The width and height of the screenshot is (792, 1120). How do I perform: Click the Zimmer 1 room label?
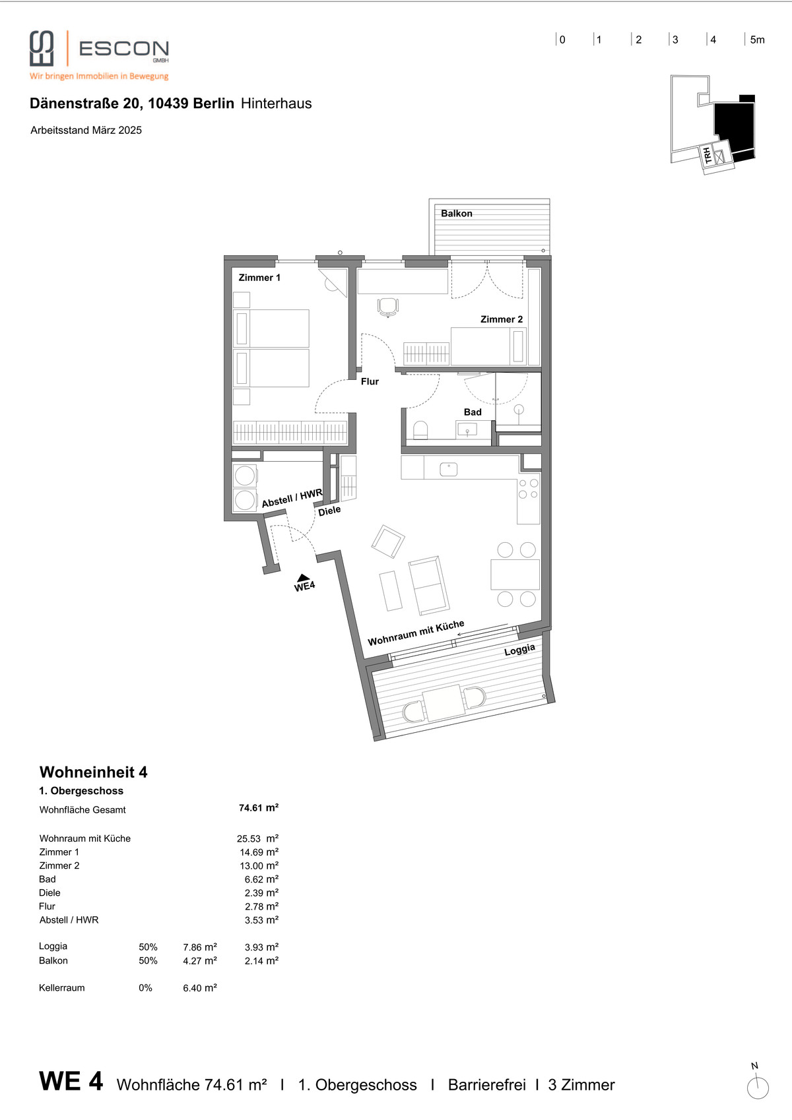[x=259, y=278]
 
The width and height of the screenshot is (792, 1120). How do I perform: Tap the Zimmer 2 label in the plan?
[x=502, y=319]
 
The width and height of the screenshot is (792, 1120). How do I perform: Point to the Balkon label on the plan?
[x=456, y=214]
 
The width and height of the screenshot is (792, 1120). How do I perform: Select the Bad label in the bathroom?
[x=473, y=412]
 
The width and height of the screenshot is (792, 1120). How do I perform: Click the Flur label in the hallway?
[x=370, y=381]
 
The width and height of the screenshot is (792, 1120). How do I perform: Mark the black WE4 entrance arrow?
[x=304, y=578]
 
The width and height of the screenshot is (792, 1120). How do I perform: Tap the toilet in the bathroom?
[x=420, y=430]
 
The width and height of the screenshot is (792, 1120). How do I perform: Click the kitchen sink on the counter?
[x=448, y=469]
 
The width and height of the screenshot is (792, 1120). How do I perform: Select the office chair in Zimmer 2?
[x=387, y=307]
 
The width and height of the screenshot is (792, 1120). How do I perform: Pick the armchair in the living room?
[x=387, y=541]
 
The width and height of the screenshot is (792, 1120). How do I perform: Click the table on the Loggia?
[x=444, y=702]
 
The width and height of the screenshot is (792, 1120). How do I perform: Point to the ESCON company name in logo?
[x=124, y=49]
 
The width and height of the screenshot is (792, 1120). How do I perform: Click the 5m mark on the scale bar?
[x=757, y=40]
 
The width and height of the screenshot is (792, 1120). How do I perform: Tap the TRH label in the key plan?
[x=707, y=155]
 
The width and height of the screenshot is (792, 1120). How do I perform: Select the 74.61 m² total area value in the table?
[x=259, y=807]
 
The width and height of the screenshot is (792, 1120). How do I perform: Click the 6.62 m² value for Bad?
[x=261, y=879]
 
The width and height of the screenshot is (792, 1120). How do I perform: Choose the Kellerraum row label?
[x=61, y=987]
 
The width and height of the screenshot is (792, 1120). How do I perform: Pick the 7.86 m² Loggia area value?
[x=200, y=947]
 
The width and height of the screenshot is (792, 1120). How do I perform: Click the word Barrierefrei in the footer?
[x=487, y=1084]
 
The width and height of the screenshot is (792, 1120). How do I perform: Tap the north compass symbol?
[x=758, y=1088]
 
